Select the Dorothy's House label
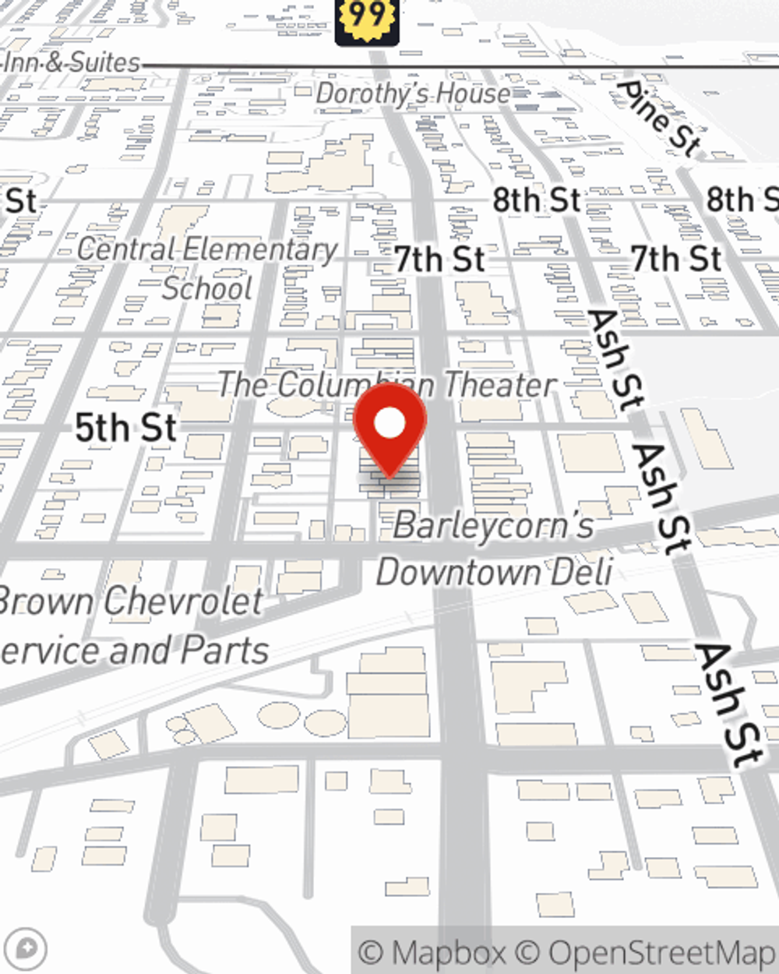(x=413, y=94)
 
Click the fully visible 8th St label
(x=537, y=200)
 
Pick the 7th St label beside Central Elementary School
(x=439, y=259)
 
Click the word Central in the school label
(x=125, y=249)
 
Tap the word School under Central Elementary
(x=207, y=288)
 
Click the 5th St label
(x=126, y=428)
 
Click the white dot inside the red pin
(x=389, y=423)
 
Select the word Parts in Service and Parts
(x=226, y=651)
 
